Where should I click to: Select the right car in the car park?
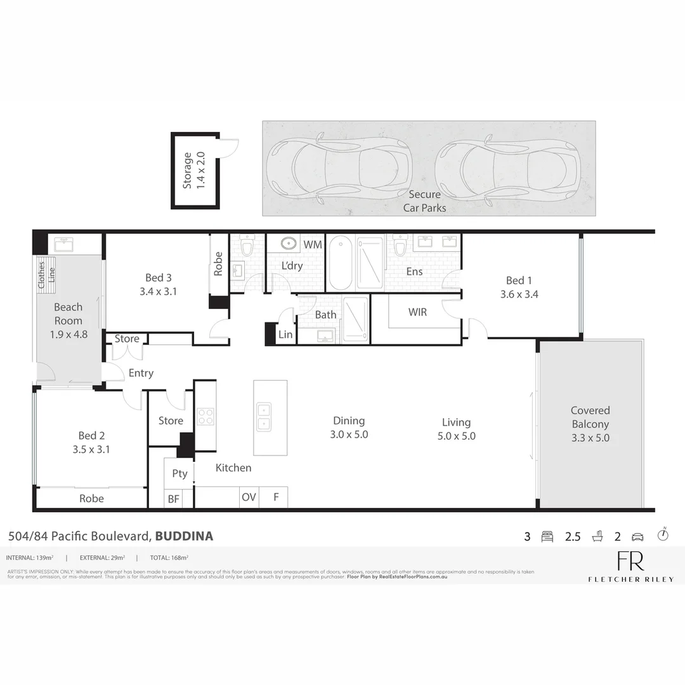click(x=507, y=168)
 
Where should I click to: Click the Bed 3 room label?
click(x=159, y=278)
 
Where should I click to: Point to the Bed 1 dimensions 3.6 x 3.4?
click(x=519, y=294)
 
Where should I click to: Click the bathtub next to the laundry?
click(x=341, y=262)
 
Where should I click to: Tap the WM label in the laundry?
click(x=312, y=244)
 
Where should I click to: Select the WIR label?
click(x=417, y=313)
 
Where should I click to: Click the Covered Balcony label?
click(x=590, y=417)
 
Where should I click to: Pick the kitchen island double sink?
click(x=263, y=416)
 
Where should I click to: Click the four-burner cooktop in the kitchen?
click(x=205, y=416)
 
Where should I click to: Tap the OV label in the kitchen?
click(x=249, y=497)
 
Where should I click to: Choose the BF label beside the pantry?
click(x=173, y=499)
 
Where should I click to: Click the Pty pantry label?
click(x=179, y=473)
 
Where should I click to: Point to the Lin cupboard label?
click(x=285, y=334)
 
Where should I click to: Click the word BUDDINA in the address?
click(x=184, y=536)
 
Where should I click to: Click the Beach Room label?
click(x=68, y=313)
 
